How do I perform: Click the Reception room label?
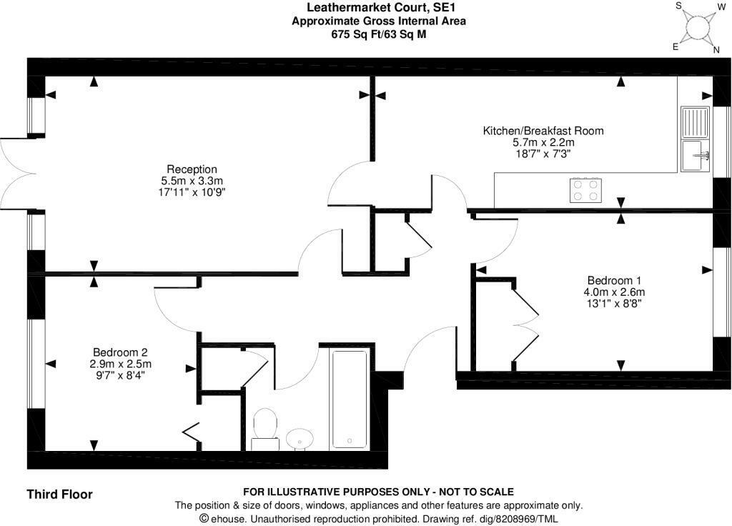pos(192,169)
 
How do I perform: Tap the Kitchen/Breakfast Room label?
pos(543,131)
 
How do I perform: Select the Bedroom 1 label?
pos(614,280)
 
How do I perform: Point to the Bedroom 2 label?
pos(120,352)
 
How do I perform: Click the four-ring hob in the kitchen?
pos(585,190)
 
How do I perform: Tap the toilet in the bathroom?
pos(265,427)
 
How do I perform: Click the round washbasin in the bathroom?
pos(300,437)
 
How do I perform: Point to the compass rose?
pos(696,27)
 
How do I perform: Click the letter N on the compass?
pos(716,49)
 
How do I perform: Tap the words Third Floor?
pos(59,494)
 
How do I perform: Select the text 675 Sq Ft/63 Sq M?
pos(379,34)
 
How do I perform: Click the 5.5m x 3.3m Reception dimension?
pos(192,181)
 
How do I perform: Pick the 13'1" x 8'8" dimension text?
pos(614,303)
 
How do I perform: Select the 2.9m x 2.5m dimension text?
pos(120,363)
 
